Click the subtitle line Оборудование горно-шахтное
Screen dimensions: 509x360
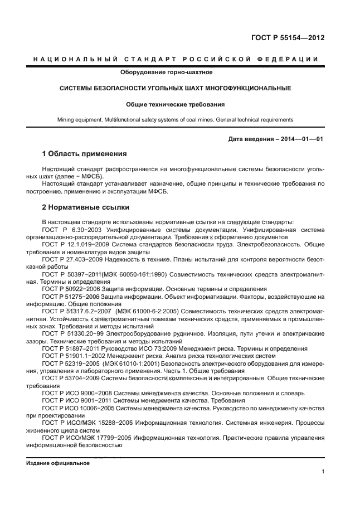166,72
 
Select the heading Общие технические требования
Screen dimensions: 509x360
175,104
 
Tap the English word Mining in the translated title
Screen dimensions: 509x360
67,119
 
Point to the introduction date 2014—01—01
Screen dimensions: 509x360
303,139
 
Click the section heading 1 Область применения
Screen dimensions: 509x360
84,153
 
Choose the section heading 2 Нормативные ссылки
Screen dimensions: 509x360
85,207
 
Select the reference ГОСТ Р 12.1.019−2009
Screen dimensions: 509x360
76,244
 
